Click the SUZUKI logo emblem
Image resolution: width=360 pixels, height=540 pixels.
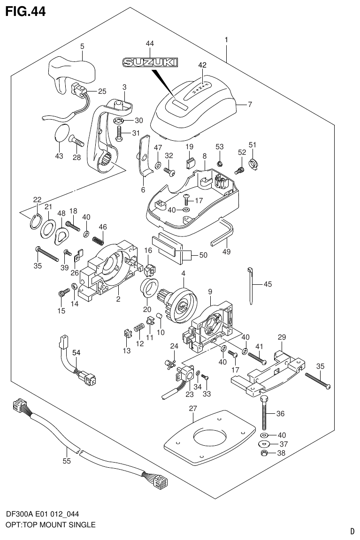(x=150, y=61)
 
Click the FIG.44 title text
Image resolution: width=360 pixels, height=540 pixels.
(x=25, y=11)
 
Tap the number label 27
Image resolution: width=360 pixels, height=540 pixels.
(x=193, y=409)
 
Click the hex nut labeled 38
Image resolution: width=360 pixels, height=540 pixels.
(x=264, y=453)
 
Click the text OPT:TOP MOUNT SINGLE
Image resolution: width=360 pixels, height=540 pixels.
(x=50, y=525)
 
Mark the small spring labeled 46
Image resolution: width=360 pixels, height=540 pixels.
(x=97, y=240)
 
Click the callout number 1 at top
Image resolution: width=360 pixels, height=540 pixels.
(x=226, y=40)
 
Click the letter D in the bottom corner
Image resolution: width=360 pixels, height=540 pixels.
(x=352, y=531)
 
